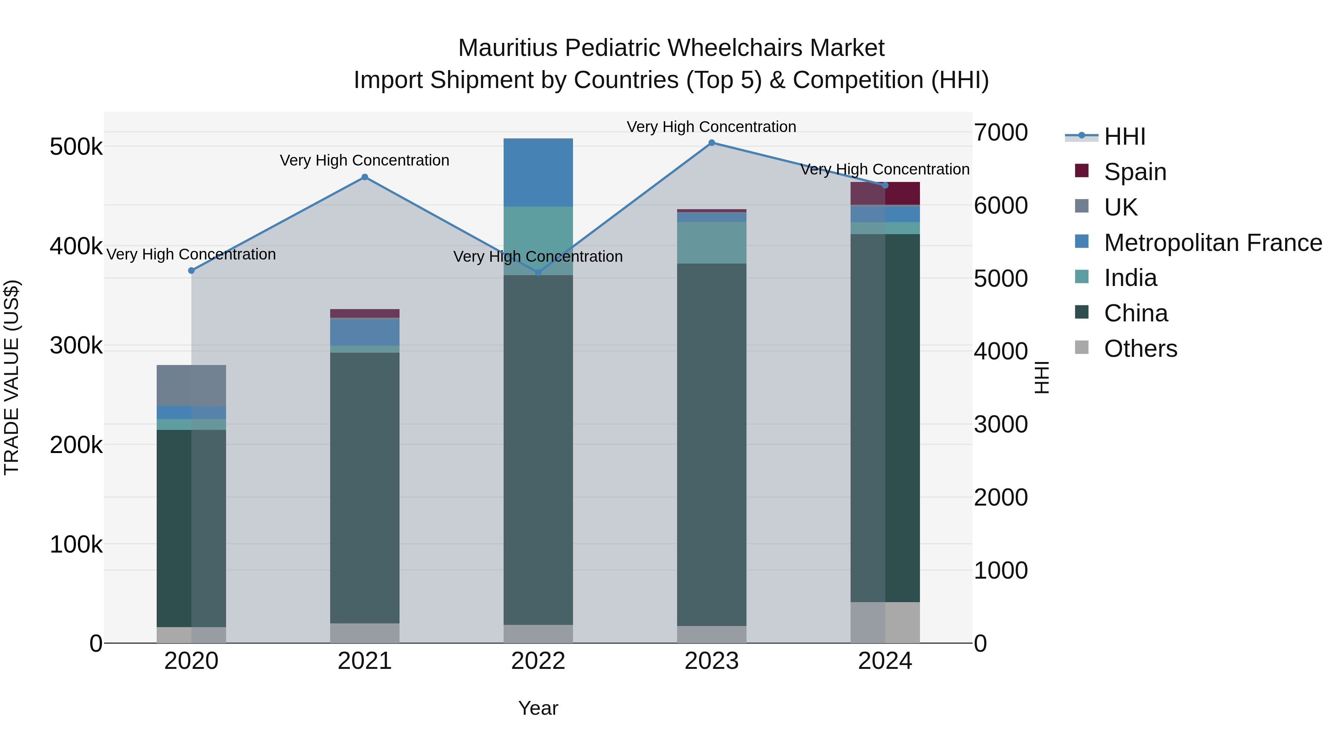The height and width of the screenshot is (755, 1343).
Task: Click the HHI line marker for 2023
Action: point(712,143)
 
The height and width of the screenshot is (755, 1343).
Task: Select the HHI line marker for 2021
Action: point(365,177)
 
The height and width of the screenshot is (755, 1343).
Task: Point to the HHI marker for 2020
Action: point(191,270)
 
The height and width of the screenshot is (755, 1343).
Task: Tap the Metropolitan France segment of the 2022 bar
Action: point(538,173)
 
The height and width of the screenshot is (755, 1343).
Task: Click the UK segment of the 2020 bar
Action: point(191,386)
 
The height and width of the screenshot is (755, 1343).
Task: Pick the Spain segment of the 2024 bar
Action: point(885,194)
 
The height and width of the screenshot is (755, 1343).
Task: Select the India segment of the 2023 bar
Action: point(712,243)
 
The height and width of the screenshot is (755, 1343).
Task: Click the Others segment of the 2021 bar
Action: point(365,633)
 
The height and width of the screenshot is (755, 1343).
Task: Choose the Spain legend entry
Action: point(1134,172)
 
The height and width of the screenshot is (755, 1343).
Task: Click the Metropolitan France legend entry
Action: point(1213,243)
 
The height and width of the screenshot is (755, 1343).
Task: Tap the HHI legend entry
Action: point(1124,136)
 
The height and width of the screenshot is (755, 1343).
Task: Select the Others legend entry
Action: point(1140,349)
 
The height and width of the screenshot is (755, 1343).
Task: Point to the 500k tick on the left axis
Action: point(76,147)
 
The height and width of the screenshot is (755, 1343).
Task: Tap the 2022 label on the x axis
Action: point(538,661)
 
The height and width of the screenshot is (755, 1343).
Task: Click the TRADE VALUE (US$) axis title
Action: point(12,377)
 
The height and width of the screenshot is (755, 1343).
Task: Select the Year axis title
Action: point(538,708)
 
